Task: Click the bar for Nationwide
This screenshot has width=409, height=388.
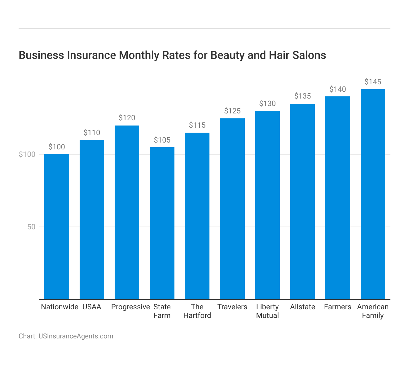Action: click(x=57, y=227)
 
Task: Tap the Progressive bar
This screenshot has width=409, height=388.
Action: click(x=127, y=212)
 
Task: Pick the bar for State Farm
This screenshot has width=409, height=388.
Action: click(x=162, y=223)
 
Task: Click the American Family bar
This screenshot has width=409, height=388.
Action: click(x=373, y=194)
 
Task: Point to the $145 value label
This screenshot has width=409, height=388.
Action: click(x=373, y=82)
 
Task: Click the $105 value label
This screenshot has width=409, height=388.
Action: click(x=162, y=140)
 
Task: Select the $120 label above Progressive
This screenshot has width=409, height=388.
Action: click(x=127, y=118)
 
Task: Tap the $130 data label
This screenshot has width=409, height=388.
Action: click(x=267, y=104)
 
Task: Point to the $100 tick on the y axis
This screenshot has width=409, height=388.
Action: click(x=27, y=154)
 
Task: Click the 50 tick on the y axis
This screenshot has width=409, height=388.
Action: click(x=31, y=227)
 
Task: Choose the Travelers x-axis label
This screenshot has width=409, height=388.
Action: click(x=232, y=307)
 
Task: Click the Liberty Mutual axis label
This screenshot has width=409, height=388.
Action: click(x=267, y=311)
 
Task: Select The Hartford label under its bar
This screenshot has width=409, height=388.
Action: click(x=197, y=311)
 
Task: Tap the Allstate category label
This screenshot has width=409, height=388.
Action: click(x=302, y=307)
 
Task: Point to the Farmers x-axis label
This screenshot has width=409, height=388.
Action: click(x=338, y=307)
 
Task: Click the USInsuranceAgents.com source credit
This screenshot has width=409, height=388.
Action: click(x=76, y=336)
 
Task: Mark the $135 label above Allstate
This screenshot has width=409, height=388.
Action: click(x=302, y=96)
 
